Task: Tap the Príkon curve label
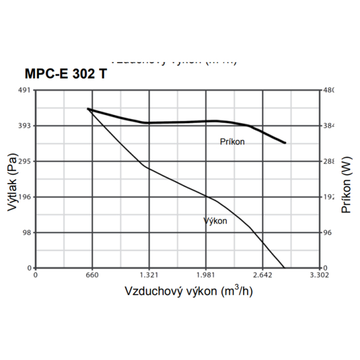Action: (232, 142)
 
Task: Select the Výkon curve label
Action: (216, 221)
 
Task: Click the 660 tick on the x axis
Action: (92, 275)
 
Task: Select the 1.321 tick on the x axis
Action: (149, 275)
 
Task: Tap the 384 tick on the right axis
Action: (329, 126)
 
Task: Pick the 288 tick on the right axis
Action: (329, 161)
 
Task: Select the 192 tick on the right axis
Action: (329, 197)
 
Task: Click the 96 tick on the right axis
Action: (328, 232)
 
